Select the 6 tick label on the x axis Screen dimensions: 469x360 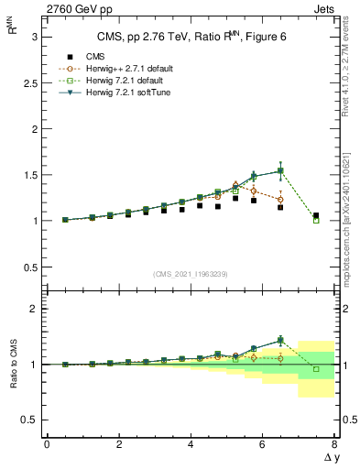tap(262, 444)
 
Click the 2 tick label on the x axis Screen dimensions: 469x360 tap(118, 444)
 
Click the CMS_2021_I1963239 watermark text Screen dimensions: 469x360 tap(191, 274)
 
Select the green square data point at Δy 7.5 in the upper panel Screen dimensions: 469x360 tap(316, 220)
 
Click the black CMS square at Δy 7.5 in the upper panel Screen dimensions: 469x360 tap(316, 215)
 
